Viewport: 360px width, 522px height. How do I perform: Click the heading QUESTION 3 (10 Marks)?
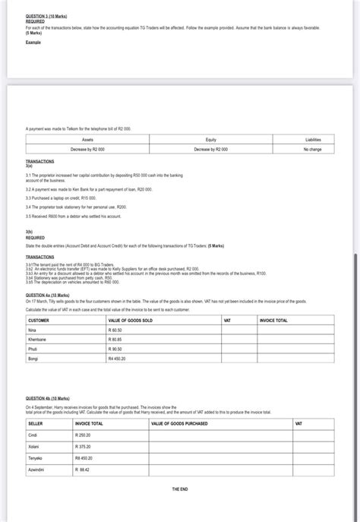pos(43,16)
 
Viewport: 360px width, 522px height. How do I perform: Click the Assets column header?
pos(87,140)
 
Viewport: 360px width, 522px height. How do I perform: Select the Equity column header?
pos(211,140)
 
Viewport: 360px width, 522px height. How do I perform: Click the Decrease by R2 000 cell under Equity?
pos(211,149)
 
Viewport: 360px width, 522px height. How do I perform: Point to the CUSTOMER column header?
pos(39,321)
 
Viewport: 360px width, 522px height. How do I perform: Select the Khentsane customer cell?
pos(38,339)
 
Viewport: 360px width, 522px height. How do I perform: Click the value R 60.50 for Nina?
pos(116,331)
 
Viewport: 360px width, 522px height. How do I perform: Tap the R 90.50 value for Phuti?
pos(116,348)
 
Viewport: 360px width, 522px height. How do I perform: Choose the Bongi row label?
pos(33,358)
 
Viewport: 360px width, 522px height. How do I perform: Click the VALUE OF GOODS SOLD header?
pos(131,321)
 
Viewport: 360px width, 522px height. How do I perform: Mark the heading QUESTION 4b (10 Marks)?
pos(47,398)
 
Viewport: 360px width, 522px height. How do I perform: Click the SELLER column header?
pos(36,423)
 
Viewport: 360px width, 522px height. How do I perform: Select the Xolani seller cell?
pos(35,447)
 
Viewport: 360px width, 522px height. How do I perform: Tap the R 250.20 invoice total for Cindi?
pos(83,435)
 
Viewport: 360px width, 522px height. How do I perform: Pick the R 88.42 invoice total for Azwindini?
pos(82,470)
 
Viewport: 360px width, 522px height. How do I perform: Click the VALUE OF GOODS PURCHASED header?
pos(179,423)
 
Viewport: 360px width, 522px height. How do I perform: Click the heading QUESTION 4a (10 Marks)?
pos(47,295)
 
